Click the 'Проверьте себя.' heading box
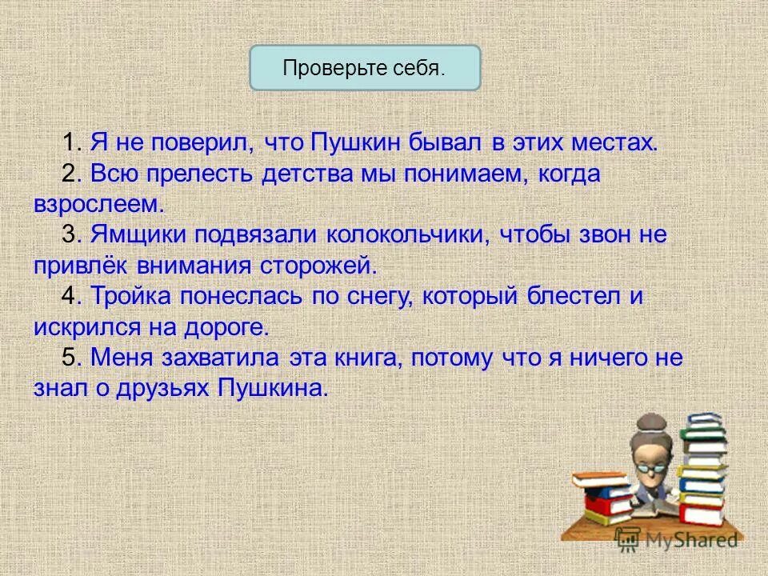click(365, 67)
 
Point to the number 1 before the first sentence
click(70, 144)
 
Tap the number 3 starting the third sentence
click(70, 235)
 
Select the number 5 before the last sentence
click(70, 358)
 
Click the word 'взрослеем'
click(98, 205)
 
